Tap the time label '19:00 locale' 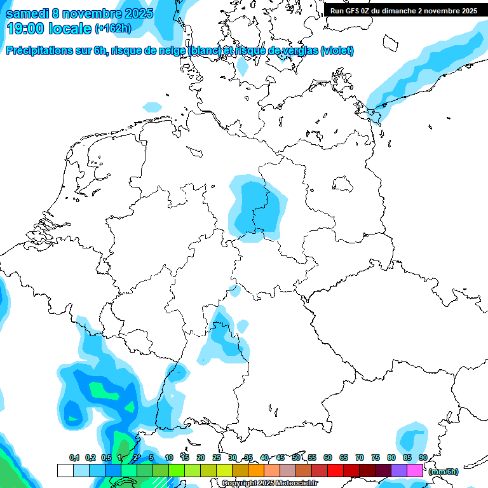(x=48, y=29)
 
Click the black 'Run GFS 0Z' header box (x=404, y=10)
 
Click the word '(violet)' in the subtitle (x=337, y=51)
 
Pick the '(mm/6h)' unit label (x=442, y=471)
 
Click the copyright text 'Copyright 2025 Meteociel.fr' (x=269, y=484)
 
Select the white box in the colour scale (x=65, y=470)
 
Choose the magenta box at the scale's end (x=415, y=470)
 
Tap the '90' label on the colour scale (x=423, y=457)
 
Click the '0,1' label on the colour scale (x=74, y=457)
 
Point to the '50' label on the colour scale (x=296, y=457)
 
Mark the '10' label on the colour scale (x=169, y=457)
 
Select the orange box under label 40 (x=256, y=470)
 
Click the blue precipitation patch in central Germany (x=258, y=207)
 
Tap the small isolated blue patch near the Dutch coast (x=152, y=107)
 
